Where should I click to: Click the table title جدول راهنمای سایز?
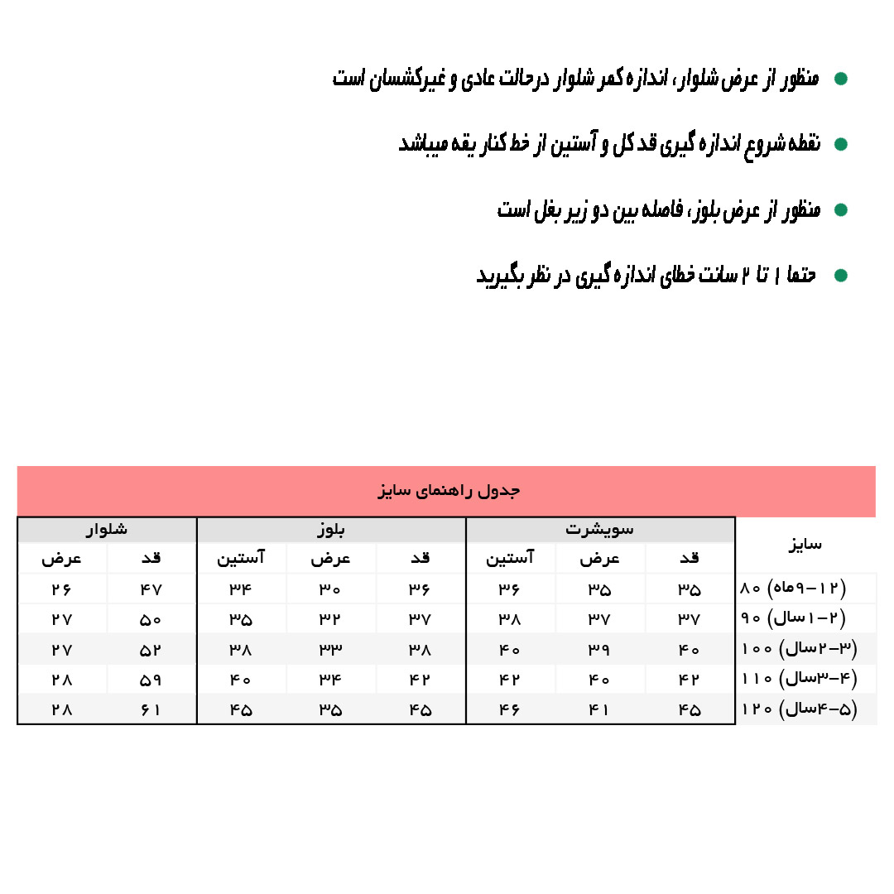coord(448,491)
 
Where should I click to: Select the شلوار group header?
coord(106,529)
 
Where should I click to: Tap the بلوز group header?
coord(330,529)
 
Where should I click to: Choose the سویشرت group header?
coord(599,529)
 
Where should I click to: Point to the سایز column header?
coord(805,545)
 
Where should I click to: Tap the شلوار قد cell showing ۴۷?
coord(151,590)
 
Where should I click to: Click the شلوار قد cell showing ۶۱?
coord(151,710)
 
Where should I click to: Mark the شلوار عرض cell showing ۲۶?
coord(61,590)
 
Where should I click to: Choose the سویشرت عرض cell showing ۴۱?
coord(599,710)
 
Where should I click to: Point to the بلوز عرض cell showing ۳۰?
coord(330,590)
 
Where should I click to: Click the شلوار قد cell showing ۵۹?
coord(151,680)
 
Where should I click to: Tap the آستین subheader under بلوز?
coord(241,559)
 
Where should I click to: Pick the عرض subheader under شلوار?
coord(61,559)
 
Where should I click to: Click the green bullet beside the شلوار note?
coord(841,79)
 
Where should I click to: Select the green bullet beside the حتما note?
coord(841,276)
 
